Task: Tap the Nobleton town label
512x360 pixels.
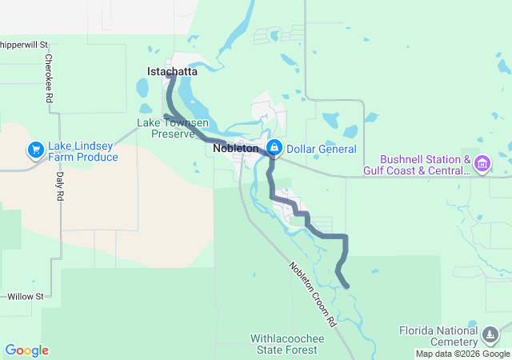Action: [236, 149]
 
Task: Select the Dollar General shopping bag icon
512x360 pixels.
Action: [274, 148]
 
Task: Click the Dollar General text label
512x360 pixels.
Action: [320, 149]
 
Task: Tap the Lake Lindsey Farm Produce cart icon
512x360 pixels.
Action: [35, 150]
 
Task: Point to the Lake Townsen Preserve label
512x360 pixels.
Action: [173, 128]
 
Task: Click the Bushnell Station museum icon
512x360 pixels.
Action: [482, 165]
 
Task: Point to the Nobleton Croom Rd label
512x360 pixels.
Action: [311, 294]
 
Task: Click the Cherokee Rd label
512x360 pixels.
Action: [49, 78]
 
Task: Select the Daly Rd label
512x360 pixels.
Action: [59, 187]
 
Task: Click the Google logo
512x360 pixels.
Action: [26, 350]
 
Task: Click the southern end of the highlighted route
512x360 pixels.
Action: [346, 286]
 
